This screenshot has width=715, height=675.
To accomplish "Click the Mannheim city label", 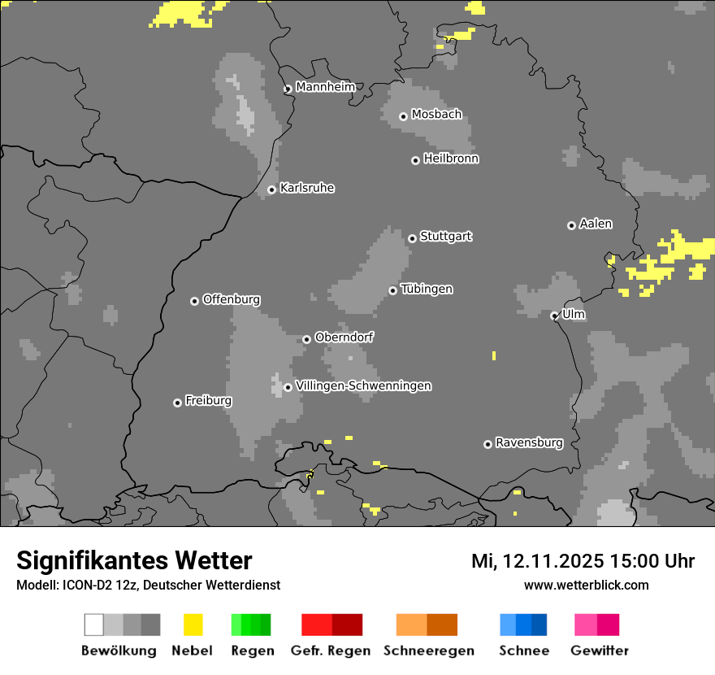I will click(x=325, y=87).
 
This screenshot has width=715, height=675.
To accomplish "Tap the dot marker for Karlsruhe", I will click(x=272, y=190).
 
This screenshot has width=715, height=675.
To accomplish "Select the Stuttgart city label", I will click(x=446, y=237).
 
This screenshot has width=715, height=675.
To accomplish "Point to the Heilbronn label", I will click(x=451, y=159).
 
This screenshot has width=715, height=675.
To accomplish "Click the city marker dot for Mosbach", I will click(x=403, y=116).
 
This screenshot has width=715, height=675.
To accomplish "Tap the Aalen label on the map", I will click(x=596, y=224).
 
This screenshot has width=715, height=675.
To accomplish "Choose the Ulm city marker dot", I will click(x=554, y=316).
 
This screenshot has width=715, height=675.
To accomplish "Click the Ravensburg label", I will click(x=529, y=443).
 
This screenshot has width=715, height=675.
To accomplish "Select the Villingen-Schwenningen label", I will click(x=363, y=386).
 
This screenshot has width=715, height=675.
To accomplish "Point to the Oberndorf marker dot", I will click(x=306, y=339).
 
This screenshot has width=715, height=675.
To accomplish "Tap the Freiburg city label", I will click(x=208, y=401).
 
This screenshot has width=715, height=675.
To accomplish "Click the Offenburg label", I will click(x=231, y=299).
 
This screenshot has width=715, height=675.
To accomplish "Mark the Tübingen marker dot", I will click(x=392, y=290).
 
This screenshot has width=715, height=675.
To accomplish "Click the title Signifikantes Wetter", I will click(x=134, y=560).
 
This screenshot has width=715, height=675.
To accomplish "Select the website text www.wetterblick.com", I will click(x=586, y=585).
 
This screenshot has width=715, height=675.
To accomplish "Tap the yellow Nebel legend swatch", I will click(x=193, y=625).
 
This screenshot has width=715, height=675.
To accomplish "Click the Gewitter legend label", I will click(x=600, y=651).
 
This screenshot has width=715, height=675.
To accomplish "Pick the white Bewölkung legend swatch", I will click(x=93, y=625).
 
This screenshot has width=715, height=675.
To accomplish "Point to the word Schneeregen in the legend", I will click(x=428, y=651).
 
